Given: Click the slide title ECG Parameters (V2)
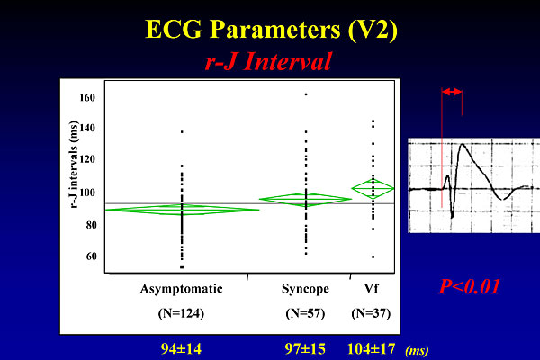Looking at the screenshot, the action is tap(272, 30).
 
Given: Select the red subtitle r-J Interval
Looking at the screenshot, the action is tap(268, 62).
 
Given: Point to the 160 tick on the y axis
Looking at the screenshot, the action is tap(87, 98).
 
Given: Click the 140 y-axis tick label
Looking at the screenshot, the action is tap(87, 128).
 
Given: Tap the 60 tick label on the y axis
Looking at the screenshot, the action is tap(91, 256).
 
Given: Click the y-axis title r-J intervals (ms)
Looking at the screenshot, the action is tap(74, 165).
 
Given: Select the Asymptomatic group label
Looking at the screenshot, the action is tap(181, 289).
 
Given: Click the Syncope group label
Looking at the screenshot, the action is tap(305, 289).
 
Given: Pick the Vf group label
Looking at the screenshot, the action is tap(371, 288).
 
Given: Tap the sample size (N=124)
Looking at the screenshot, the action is tap(181, 313).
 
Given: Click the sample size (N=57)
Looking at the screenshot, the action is tap(305, 313).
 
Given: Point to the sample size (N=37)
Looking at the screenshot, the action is tap(371, 313).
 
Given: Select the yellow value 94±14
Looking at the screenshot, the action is tap(181, 349).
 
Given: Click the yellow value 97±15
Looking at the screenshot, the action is tap(305, 349).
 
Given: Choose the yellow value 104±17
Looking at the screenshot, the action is tap(371, 349).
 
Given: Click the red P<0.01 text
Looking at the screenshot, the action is tap(470, 286).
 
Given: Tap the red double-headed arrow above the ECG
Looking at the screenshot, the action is tap(452, 92).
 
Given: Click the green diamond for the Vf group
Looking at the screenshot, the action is tap(373, 188).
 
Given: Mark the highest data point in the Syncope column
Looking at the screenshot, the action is tap(306, 94).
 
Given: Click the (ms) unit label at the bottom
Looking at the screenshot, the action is tap(417, 351).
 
